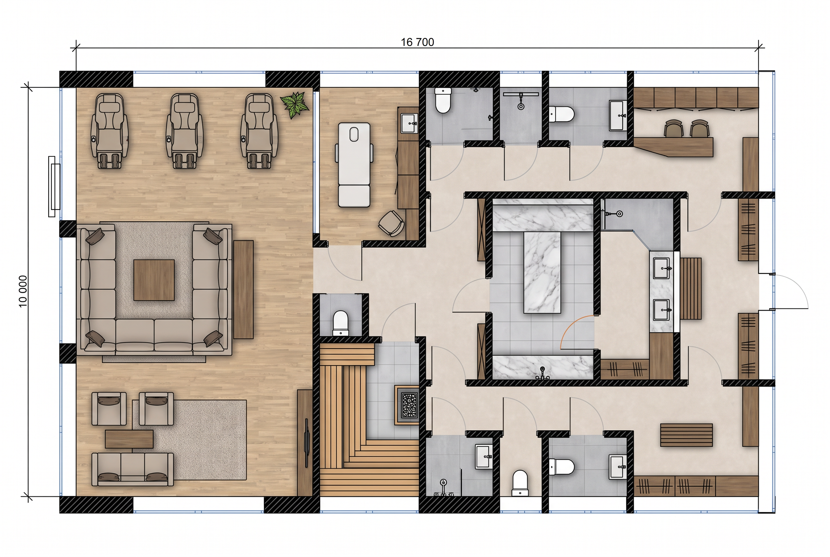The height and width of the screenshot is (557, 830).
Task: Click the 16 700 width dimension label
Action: [x=417, y=42]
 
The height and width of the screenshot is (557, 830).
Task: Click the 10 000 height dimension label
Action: [x=23, y=291]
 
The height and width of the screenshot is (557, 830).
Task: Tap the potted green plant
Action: [x=295, y=104]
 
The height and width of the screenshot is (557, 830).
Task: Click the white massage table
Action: [x=354, y=165]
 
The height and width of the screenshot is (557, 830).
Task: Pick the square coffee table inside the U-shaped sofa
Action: [x=154, y=280]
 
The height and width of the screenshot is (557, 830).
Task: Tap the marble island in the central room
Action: [x=542, y=272]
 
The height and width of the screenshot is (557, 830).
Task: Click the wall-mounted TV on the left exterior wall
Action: [x=54, y=187]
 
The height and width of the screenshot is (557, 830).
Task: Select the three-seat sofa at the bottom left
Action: [x=132, y=469]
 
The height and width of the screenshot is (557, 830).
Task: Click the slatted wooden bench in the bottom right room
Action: [x=686, y=435]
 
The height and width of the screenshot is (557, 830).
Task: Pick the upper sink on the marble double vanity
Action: [x=662, y=269]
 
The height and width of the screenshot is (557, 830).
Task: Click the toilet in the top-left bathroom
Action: [x=443, y=100]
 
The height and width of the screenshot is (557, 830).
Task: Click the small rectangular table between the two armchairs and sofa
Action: [x=129, y=439]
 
